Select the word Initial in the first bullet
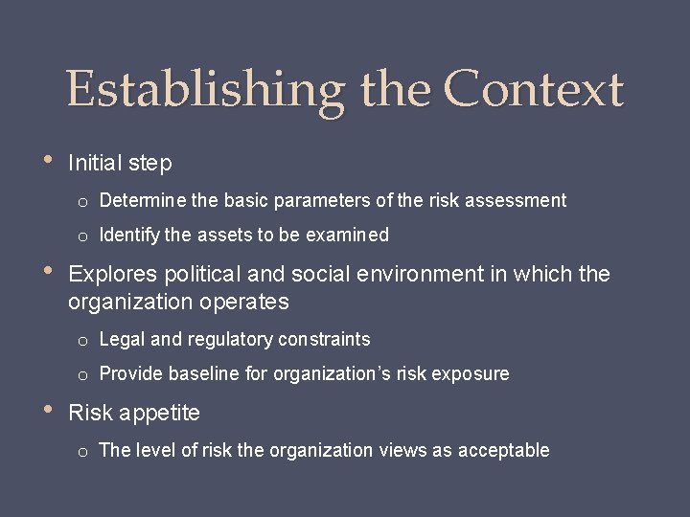[x=95, y=164]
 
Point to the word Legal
[x=120, y=340]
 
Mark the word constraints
[x=323, y=340]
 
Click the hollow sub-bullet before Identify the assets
[x=84, y=236]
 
